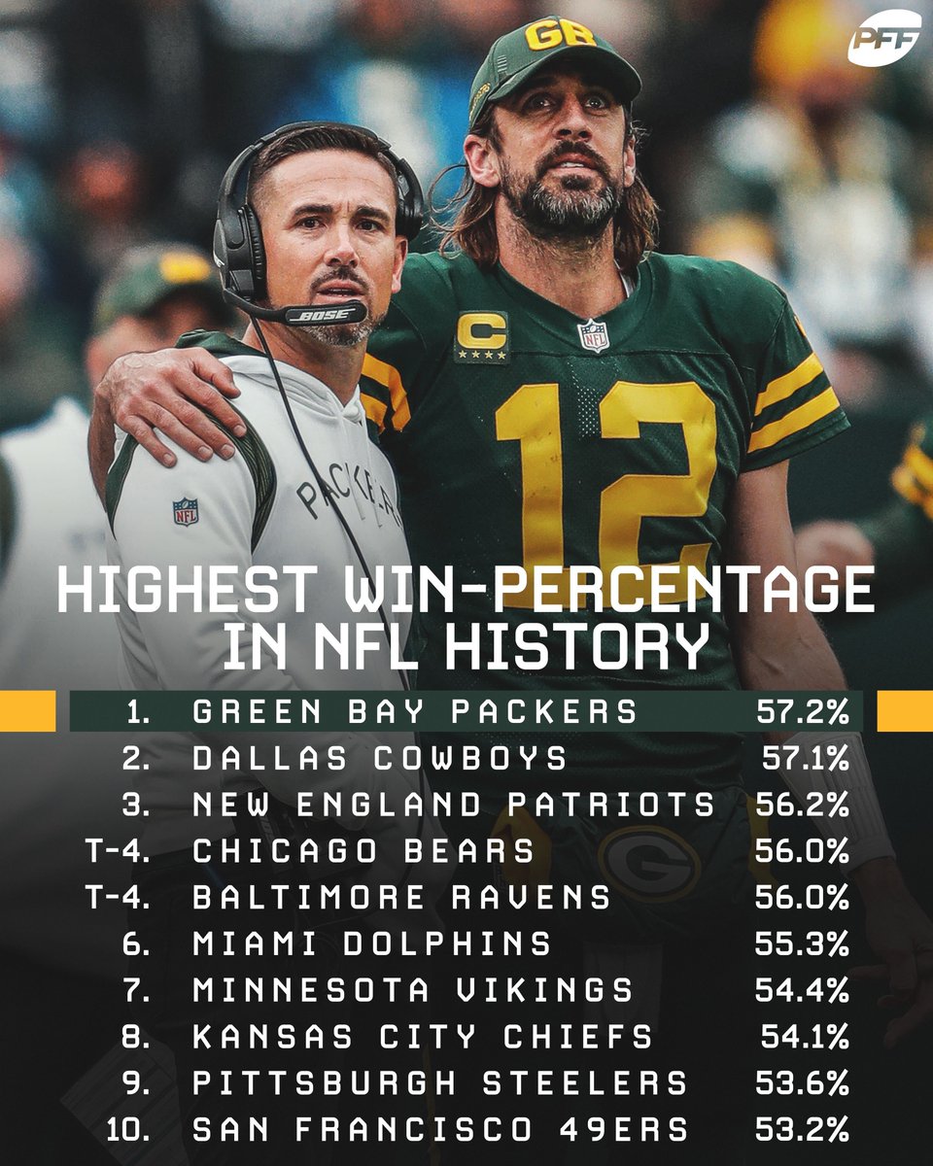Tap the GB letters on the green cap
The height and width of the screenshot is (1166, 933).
pyautogui.click(x=560, y=35)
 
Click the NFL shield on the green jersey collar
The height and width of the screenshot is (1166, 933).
pyautogui.click(x=593, y=335)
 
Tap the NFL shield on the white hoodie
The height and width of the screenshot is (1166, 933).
pyautogui.click(x=185, y=511)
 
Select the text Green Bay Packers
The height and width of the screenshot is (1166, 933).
pyautogui.click(x=415, y=711)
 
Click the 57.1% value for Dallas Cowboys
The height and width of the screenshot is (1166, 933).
pyautogui.click(x=804, y=759)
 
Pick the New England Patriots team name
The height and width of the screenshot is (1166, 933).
pyautogui.click(x=453, y=806)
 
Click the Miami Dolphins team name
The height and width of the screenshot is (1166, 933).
pyautogui.click(x=371, y=943)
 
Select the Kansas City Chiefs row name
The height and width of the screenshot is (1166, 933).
pyautogui.click(x=423, y=1037)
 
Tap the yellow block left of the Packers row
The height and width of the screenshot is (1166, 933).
pyautogui.click(x=27, y=711)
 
